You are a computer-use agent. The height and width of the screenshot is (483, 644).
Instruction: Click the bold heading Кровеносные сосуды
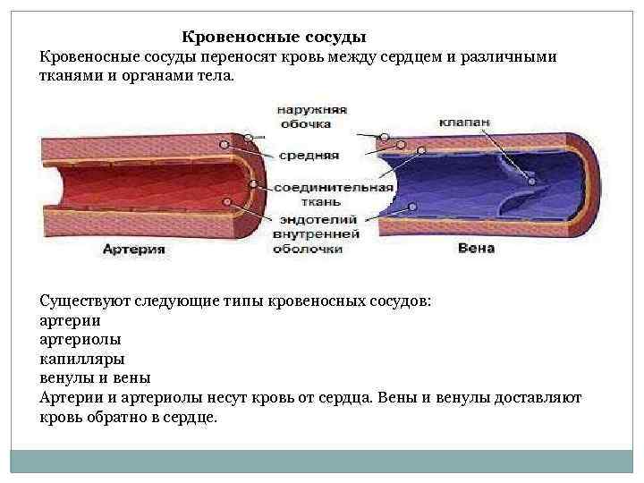275,38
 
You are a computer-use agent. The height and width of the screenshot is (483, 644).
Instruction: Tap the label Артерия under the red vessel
133,250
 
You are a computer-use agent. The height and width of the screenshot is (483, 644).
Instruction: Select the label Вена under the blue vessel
475,248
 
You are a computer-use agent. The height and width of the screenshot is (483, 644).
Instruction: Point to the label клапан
463,123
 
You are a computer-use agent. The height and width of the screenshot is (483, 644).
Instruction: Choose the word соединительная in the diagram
333,188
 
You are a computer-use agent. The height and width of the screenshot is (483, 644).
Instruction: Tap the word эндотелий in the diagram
317,219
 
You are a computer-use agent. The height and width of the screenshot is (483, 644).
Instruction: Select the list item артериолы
81,339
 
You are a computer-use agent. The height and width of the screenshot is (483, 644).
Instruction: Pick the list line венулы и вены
95,377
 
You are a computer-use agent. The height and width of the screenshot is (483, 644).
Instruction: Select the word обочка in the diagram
304,123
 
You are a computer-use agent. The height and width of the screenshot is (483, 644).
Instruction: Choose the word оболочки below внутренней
309,249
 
